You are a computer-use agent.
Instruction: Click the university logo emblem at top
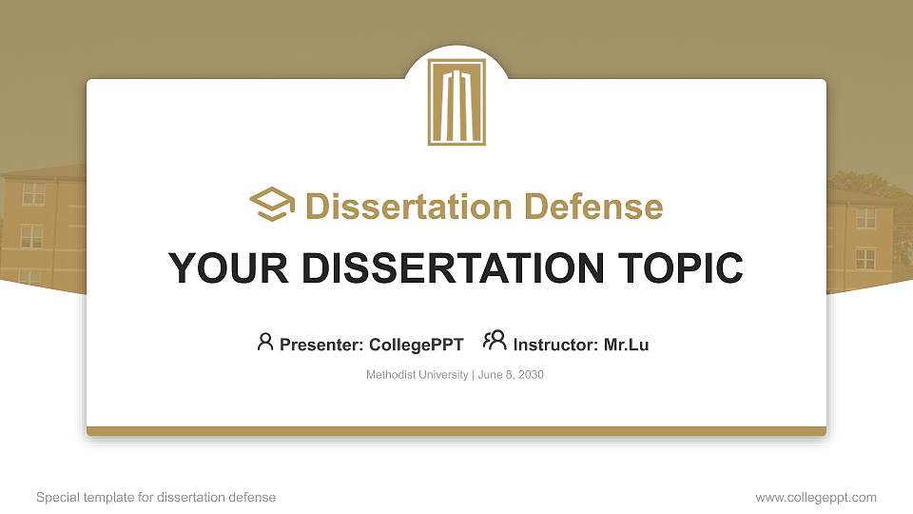(456, 102)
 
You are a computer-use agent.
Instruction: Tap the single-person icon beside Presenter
(265, 342)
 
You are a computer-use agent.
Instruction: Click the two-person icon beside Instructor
(495, 342)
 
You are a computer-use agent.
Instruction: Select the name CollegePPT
(416, 345)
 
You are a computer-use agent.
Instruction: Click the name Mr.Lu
(626, 345)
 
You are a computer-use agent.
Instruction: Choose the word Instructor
(555, 345)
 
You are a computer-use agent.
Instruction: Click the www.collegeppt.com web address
(816, 497)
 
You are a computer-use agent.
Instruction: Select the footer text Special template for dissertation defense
(156, 497)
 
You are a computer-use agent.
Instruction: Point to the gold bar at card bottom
(456, 431)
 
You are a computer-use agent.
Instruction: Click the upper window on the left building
(33, 193)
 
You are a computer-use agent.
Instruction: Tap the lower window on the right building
(864, 258)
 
